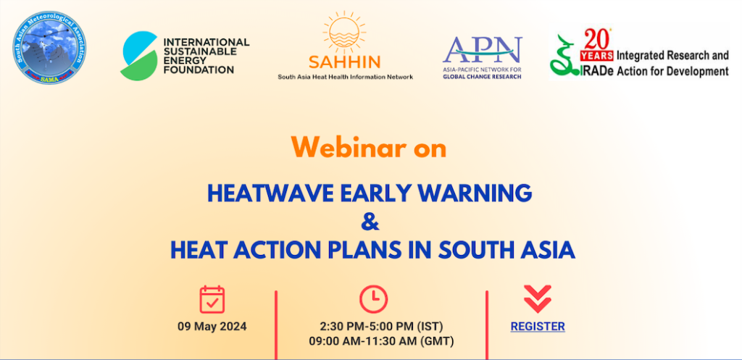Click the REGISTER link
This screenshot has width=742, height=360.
click(x=538, y=327)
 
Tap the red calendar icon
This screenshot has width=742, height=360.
click(x=212, y=299)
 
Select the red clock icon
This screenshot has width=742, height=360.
click(x=374, y=299)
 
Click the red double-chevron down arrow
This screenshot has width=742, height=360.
click(x=538, y=298)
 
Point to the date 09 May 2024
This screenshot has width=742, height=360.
click(x=212, y=327)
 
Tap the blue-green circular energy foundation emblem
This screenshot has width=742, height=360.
click(x=140, y=55)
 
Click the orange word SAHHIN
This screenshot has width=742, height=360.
click(x=345, y=63)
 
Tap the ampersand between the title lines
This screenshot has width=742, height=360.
click(x=371, y=221)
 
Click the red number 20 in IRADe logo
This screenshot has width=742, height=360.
click(x=598, y=40)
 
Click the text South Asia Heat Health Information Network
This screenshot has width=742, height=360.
click(x=345, y=76)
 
